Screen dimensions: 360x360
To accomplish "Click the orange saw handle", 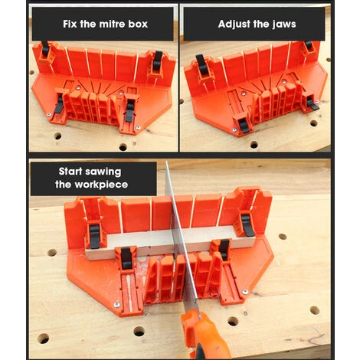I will pos(203,337).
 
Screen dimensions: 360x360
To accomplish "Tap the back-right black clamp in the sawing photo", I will pos(247,223).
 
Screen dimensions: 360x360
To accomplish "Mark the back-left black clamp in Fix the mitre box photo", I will pos(45,51).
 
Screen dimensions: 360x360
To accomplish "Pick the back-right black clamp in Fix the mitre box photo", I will pos(157,59).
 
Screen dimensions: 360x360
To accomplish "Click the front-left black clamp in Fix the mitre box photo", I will pos(59,107).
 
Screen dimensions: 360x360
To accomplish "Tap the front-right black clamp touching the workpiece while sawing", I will pos(224,249).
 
